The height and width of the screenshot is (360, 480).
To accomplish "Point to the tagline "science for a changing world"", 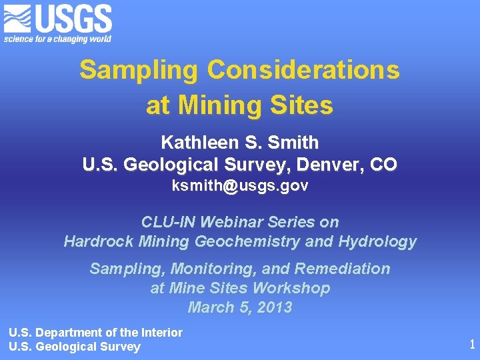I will point(57,39).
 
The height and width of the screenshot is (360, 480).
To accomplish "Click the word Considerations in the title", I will point(303,69).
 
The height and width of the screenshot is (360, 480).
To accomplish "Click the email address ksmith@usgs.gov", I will point(240,186).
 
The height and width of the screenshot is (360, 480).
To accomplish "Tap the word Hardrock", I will point(94,241).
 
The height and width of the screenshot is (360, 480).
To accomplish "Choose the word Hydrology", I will point(377,241).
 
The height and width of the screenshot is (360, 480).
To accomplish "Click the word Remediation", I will point(342,269).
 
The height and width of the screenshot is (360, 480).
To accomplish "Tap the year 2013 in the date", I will point(273,307).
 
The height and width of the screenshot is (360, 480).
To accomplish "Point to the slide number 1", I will point(472,345).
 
